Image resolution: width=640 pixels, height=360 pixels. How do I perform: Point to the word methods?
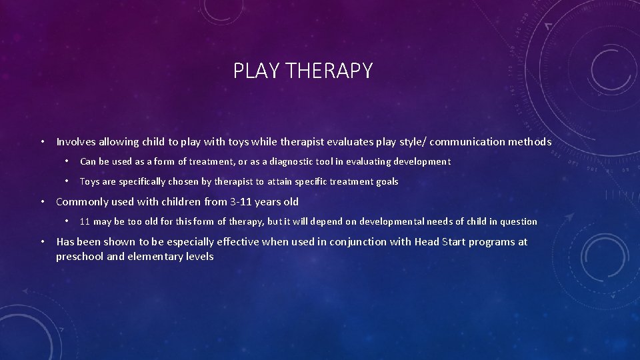click(529, 141)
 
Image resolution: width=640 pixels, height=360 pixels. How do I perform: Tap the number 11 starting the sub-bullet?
click(85, 221)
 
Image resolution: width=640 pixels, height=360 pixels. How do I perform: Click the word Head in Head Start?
click(427, 241)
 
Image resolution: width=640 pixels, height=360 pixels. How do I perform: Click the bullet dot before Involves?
click(42, 142)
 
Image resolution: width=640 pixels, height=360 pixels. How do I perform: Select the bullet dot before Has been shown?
click(42, 242)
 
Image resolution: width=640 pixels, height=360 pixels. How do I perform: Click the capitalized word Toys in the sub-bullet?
click(90, 181)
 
